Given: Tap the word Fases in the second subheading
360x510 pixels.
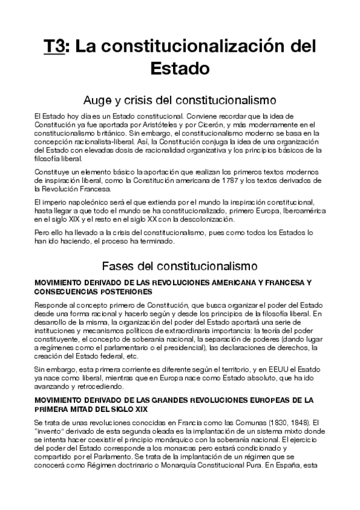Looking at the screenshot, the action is coord(119,265).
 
